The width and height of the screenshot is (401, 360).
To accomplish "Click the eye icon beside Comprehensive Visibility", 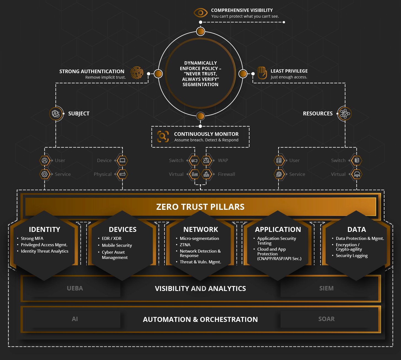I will [200, 13].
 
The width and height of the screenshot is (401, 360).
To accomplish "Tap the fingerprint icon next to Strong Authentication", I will [137, 73].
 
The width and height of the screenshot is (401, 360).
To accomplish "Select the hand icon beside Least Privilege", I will [262, 73].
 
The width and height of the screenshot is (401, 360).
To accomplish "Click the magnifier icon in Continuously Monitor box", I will [163, 136].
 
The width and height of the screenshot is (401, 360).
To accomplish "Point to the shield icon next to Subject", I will [56, 113].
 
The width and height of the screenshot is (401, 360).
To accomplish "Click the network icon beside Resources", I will [344, 113].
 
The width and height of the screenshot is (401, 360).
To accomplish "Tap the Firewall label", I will [226, 174].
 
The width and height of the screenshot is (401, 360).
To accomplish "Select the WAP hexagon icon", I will [206, 160].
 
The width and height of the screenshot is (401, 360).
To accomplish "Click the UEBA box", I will [75, 288].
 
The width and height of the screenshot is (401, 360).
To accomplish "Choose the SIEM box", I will [326, 288].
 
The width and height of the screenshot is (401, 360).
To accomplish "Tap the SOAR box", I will [326, 319].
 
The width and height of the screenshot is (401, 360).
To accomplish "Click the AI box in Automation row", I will [75, 319].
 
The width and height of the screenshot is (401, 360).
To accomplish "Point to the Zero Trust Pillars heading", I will [200, 207].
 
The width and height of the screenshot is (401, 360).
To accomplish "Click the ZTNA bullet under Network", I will [185, 245].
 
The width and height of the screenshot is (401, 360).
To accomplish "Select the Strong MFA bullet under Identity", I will [32, 238].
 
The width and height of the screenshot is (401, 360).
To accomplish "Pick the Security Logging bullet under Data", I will [352, 255].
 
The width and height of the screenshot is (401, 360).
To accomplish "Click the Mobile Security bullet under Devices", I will [117, 245].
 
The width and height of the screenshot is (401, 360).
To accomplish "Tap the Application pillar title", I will [278, 229].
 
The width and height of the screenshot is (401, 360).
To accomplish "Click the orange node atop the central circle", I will [200, 31].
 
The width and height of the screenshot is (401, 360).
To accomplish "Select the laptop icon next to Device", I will [122, 160].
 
